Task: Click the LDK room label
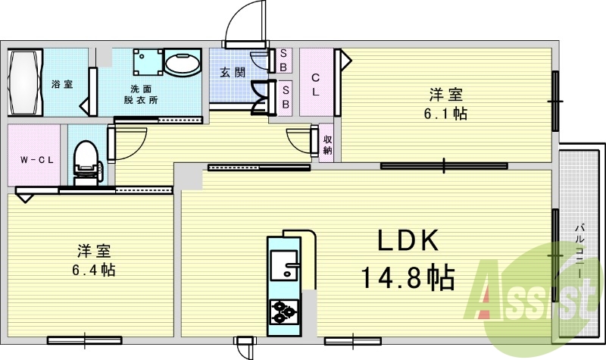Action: click(x=408, y=240)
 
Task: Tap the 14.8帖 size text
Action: click(x=408, y=277)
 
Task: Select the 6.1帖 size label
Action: click(x=445, y=114)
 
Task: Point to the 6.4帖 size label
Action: click(x=93, y=270)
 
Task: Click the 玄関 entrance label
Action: click(x=233, y=72)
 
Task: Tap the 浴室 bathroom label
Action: click(x=62, y=84)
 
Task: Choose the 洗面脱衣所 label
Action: click(x=141, y=94)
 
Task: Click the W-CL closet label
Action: click(x=37, y=160)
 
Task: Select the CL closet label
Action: click(x=315, y=85)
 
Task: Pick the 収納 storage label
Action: click(x=327, y=145)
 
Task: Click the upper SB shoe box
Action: click(x=283, y=61)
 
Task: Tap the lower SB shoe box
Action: click(x=286, y=98)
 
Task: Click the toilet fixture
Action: click(x=87, y=162)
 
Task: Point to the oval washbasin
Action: click(x=182, y=63)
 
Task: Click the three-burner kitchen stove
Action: click(x=284, y=311)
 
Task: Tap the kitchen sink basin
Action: click(x=283, y=265)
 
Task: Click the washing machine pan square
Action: click(x=148, y=61)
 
